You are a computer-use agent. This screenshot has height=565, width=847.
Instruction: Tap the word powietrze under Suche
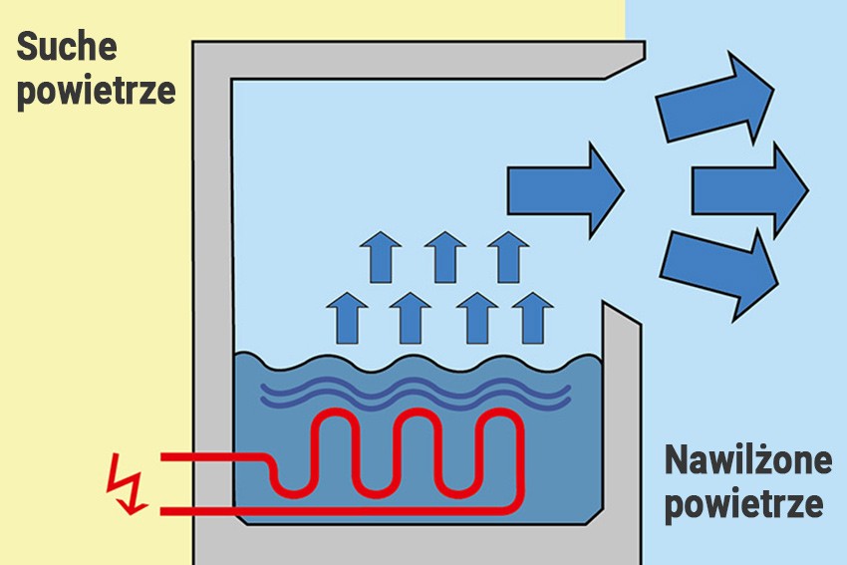coord(97,91)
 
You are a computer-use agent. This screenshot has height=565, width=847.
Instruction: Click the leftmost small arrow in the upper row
coord(379,257)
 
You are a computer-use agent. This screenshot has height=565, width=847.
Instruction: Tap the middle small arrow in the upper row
coord(444,257)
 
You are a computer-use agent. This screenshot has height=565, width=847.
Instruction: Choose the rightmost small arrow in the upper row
coord(508,257)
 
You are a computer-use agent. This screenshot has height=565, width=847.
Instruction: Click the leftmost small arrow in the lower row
coord(345,316)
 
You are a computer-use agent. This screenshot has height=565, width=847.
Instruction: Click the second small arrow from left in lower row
coord(409,316)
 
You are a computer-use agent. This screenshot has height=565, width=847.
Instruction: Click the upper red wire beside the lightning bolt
coord(209,457)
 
